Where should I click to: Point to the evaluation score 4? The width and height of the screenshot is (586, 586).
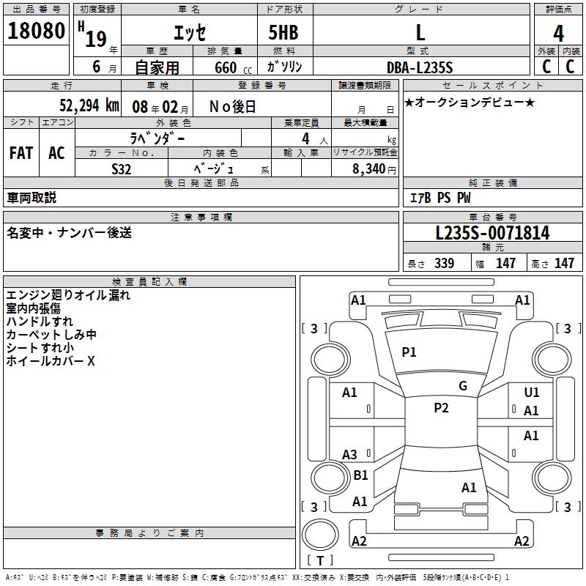click(x=558, y=33)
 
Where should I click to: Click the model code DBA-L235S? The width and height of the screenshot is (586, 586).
click(x=420, y=67)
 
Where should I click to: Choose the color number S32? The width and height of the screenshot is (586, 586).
click(x=122, y=168)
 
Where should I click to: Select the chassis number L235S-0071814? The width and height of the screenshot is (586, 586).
click(x=492, y=234)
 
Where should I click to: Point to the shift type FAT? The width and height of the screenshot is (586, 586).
click(x=21, y=153)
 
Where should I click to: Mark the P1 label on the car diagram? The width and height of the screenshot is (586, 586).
click(x=409, y=352)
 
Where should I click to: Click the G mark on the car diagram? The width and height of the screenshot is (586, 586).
click(x=463, y=386)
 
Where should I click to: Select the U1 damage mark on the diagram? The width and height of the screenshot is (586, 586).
click(x=532, y=393)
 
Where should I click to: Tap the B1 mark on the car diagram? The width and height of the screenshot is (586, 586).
click(x=360, y=475)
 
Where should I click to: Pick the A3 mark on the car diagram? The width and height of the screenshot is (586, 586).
click(x=350, y=455)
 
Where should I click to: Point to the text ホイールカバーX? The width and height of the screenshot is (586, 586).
click(x=51, y=361)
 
